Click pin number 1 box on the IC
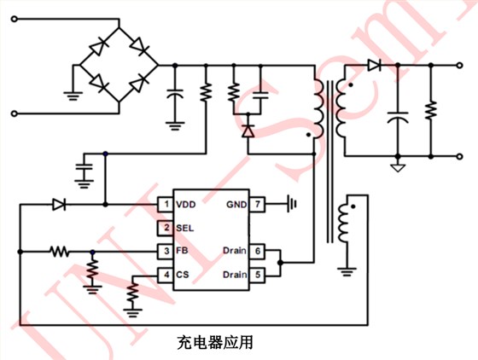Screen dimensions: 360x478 [165, 205]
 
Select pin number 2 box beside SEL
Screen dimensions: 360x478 [165, 228]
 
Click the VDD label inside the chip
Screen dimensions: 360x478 [186, 205]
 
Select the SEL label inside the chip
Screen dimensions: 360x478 [184, 228]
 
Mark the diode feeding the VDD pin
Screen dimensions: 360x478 [59, 205]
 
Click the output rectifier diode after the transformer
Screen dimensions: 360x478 [373, 64]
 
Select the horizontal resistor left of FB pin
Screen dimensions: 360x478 [59, 252]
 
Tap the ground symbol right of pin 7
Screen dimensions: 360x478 [293, 205]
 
